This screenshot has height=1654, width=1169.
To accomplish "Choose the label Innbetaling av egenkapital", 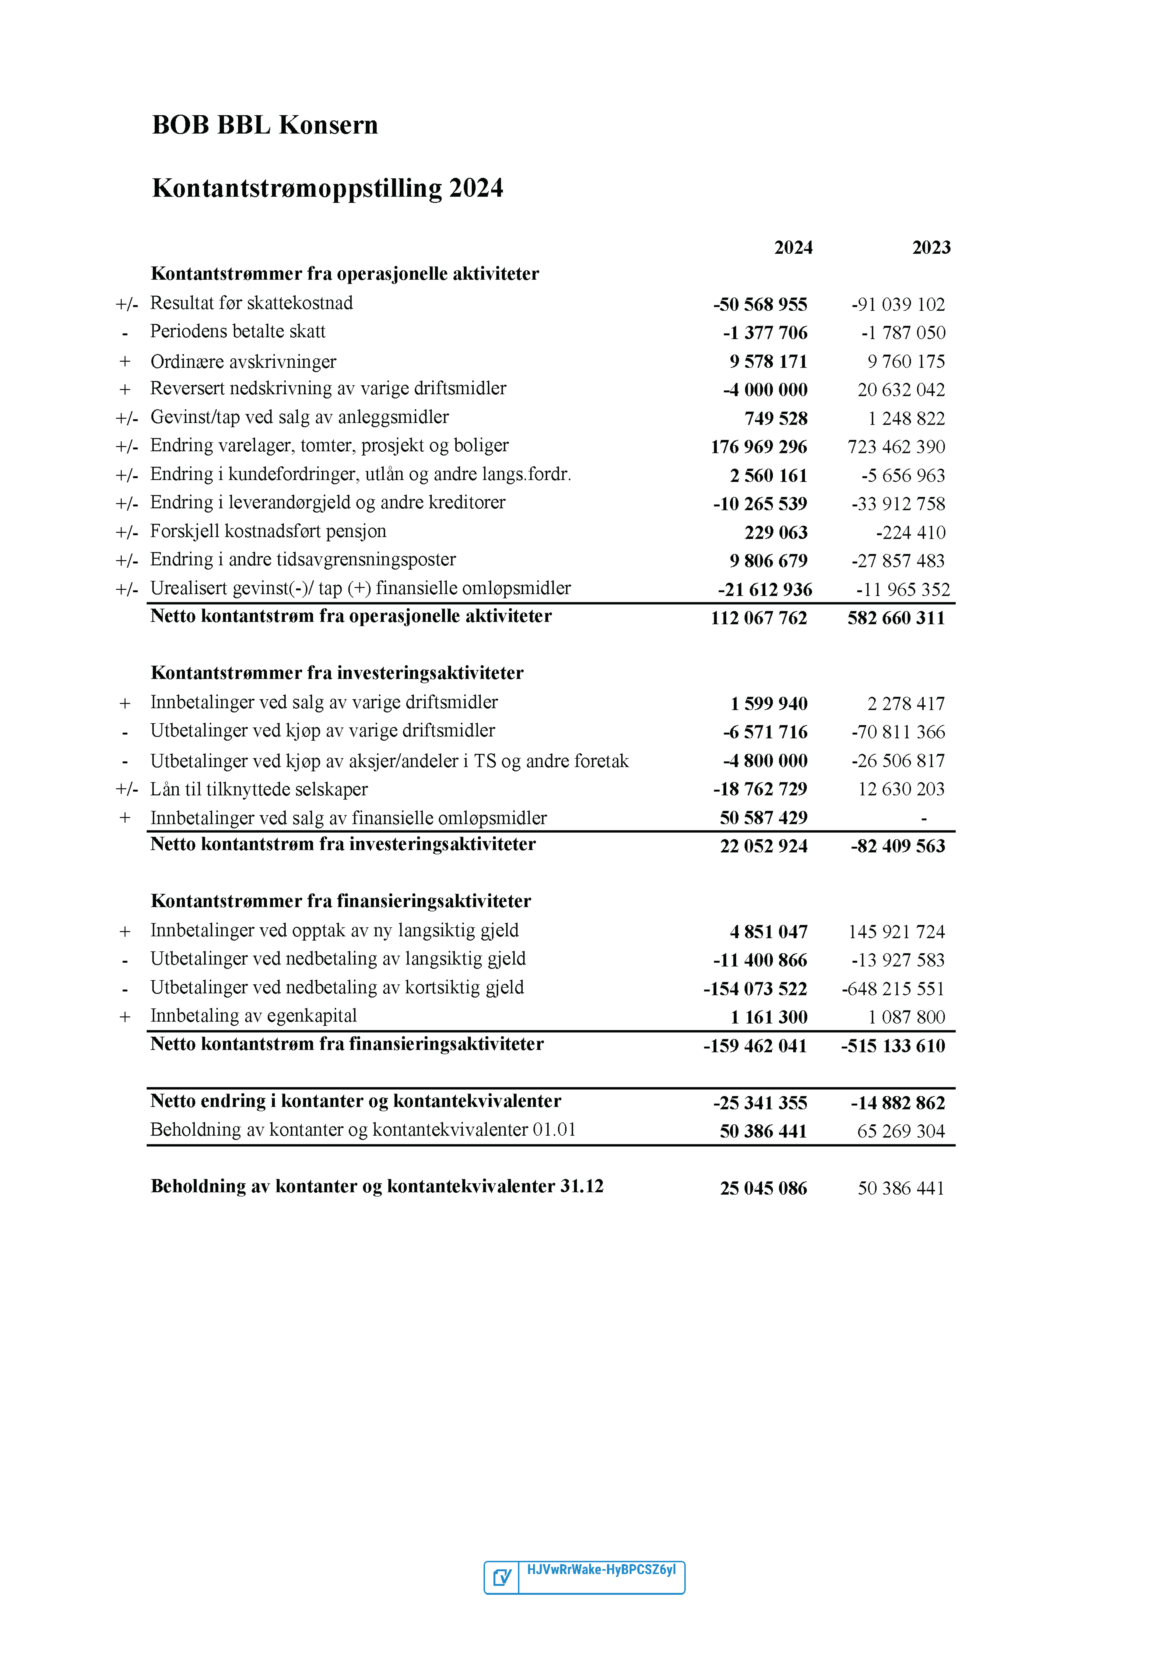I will [254, 1017].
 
